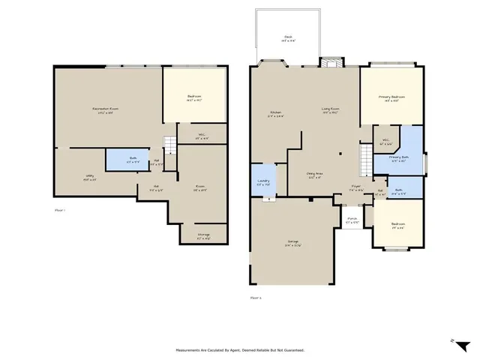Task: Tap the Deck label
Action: pos(288,38)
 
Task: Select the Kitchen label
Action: pos(275,114)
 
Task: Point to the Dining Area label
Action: pos(314,175)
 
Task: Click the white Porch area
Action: pos(351,220)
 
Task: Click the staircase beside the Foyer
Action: pos(364,158)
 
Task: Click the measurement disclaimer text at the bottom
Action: pos(240,349)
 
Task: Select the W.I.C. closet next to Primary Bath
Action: pos(385,140)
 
